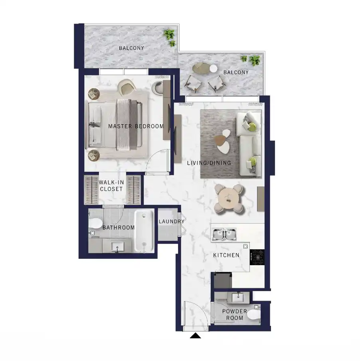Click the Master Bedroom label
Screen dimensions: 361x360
pos(136,126)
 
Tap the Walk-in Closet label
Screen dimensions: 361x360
pos(111,186)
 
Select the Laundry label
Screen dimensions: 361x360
pos(171,222)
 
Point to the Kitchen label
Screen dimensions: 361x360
pos(226,255)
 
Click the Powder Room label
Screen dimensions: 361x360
pos(235,315)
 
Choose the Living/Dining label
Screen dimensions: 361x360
pos(209,163)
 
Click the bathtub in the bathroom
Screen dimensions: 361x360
pos(143,231)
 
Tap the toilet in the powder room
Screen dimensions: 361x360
pos(253,315)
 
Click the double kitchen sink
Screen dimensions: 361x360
pos(224,235)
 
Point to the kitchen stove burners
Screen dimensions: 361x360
pos(257,257)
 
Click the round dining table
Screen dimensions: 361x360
pos(228,197)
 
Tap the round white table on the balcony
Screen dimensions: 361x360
pos(214,68)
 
